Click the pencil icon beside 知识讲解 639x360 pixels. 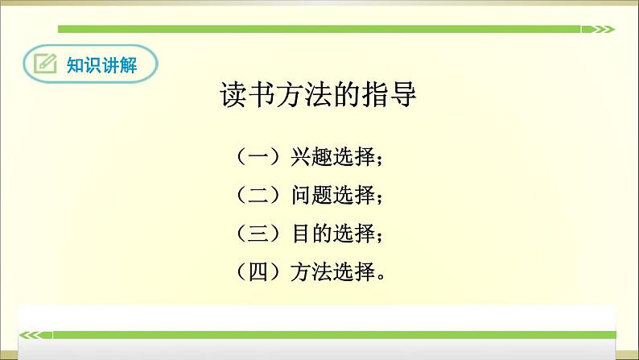click(46, 64)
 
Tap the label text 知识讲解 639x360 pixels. click(101, 65)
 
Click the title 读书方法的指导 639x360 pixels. click(319, 96)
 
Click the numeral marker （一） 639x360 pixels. click(258, 156)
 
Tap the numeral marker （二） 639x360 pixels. click(258, 195)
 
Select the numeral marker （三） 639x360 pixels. click(258, 234)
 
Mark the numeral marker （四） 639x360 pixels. click(258, 273)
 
